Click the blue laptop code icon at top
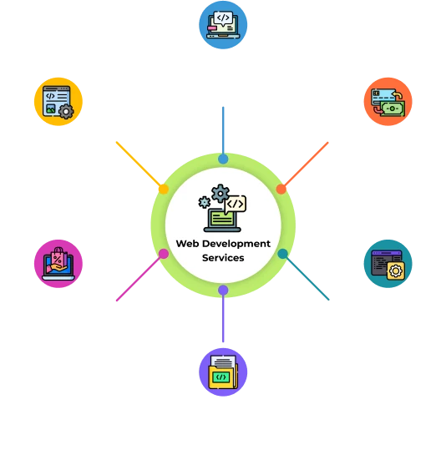(x=222, y=25)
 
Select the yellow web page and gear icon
(x=58, y=102)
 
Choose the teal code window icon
(x=388, y=265)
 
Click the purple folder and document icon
(x=222, y=372)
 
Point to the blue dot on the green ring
(x=223, y=159)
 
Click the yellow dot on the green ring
(x=164, y=190)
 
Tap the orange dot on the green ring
(x=281, y=189)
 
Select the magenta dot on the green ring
(x=164, y=254)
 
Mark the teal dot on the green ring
(x=283, y=253)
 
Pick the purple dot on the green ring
(x=223, y=290)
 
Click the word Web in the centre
(x=186, y=244)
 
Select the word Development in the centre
(x=235, y=244)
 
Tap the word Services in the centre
(x=223, y=258)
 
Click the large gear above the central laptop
(x=220, y=195)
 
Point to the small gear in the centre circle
(x=203, y=202)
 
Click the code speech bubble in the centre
(x=236, y=204)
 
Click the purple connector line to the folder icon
(x=223, y=321)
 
